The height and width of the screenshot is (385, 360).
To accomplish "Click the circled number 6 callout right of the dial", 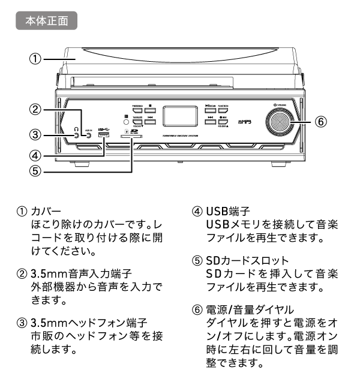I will pyautogui.click(x=321, y=121).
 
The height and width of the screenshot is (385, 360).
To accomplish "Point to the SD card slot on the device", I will pyautogui.click(x=131, y=137).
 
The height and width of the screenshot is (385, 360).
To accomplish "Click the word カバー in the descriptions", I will pyautogui.click(x=47, y=212).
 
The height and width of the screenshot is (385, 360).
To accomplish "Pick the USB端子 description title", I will pyautogui.click(x=228, y=212).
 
